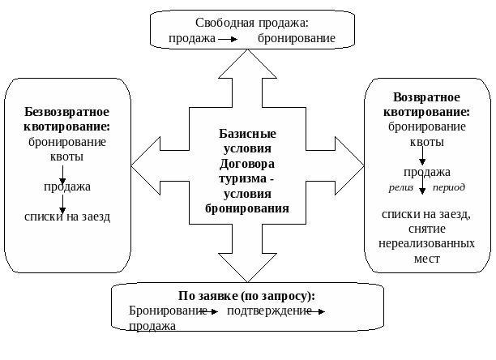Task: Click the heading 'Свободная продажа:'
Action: click(252, 23)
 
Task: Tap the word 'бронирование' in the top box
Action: click(297, 38)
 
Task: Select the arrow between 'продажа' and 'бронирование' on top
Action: click(229, 39)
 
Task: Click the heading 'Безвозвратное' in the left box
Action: click(66, 112)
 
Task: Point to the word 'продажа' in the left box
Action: click(67, 186)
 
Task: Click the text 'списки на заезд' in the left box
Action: click(67, 216)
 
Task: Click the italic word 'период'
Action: click(449, 186)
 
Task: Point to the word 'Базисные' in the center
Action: click(247, 133)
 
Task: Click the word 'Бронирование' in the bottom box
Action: click(168, 311)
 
